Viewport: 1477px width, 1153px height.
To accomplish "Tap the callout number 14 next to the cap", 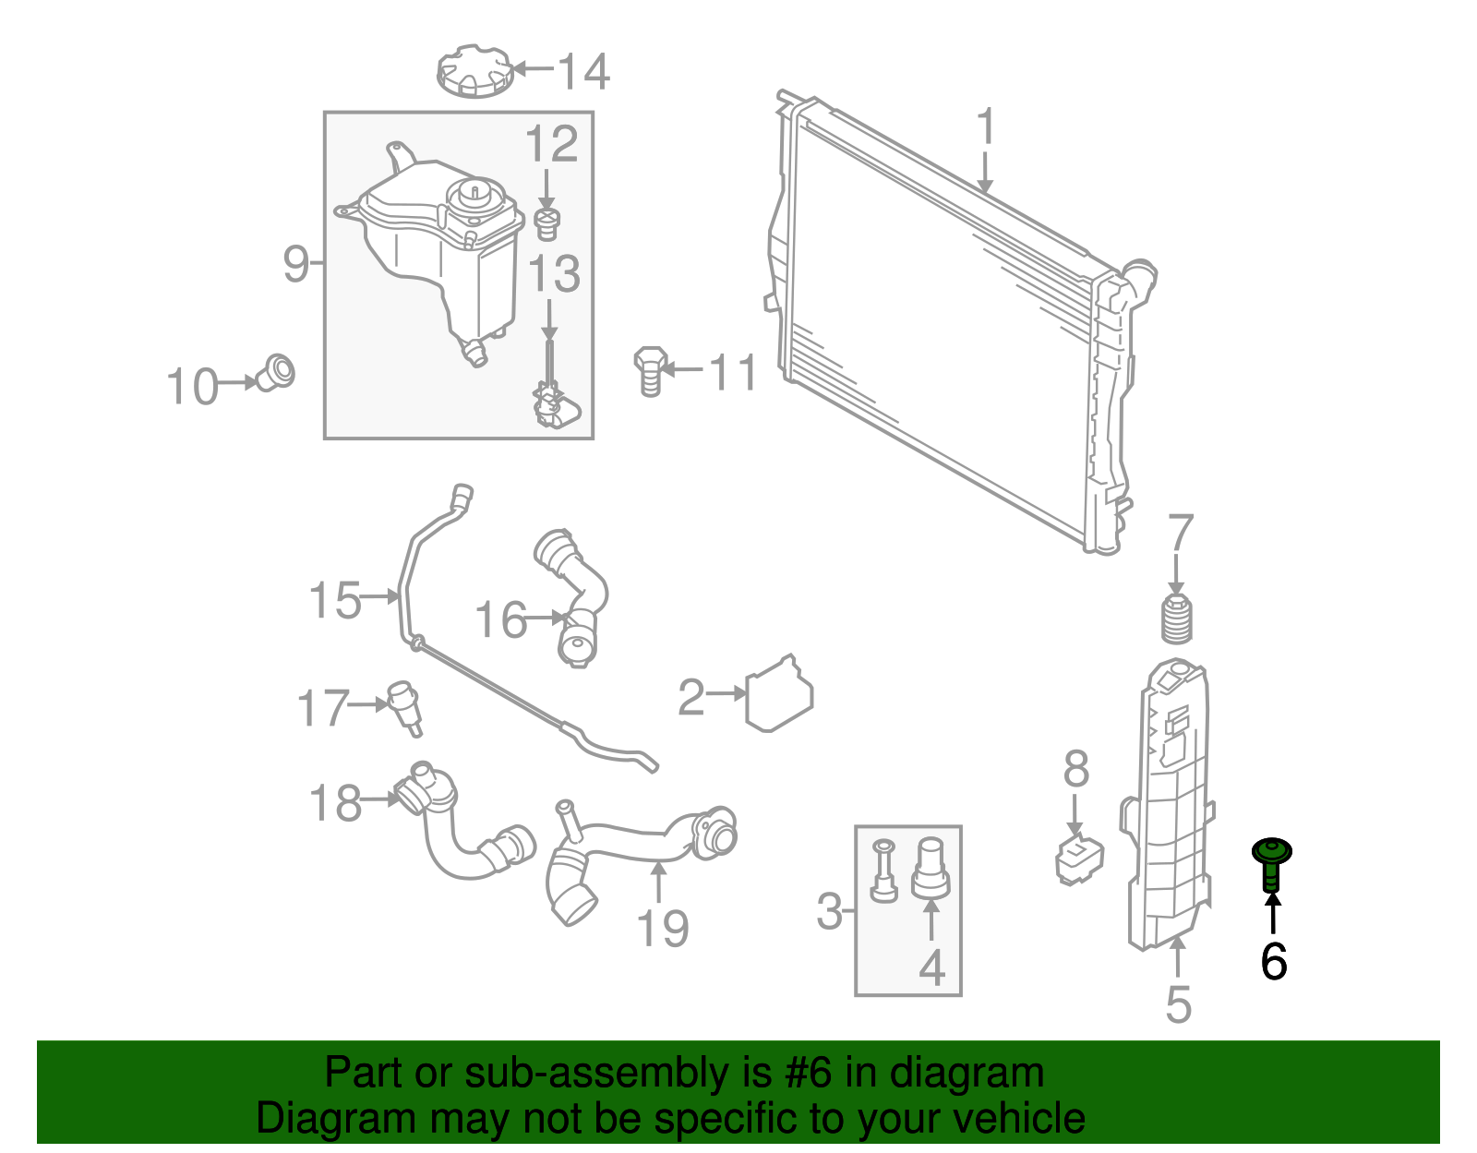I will pos(583,72).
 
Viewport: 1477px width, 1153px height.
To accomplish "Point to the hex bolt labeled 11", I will pos(650,370).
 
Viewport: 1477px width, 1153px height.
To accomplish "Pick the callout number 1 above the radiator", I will pos(986,128).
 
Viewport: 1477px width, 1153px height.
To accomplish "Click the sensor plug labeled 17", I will pos(406,705).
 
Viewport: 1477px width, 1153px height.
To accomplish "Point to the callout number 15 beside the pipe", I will pos(334,601).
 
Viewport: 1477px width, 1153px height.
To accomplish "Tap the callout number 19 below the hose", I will pos(663,928).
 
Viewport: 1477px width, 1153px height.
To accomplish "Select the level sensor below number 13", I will pos(551,404).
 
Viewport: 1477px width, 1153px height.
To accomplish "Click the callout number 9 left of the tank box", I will pos(296,265).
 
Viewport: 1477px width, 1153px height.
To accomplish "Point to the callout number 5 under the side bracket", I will pos(1178,1004).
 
